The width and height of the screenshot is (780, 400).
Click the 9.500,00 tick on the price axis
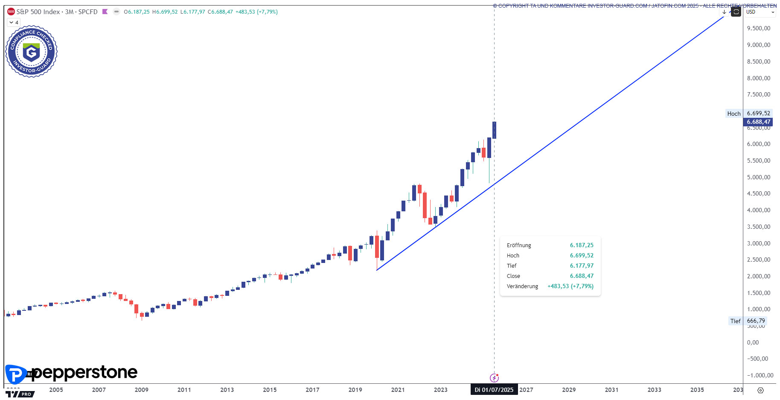click(x=758, y=29)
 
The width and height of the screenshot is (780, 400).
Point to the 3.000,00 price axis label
click(x=758, y=243)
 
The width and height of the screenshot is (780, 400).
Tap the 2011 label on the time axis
click(x=184, y=390)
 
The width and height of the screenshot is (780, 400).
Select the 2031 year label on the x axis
click(x=611, y=390)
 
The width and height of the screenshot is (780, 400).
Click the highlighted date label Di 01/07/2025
click(x=494, y=390)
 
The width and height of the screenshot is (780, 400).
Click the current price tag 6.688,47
click(x=758, y=122)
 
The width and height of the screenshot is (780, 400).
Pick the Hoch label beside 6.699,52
click(x=734, y=114)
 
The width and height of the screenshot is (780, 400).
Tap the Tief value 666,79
click(x=756, y=321)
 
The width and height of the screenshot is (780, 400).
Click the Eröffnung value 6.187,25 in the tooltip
click(x=581, y=245)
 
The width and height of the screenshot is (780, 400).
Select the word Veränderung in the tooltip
click(x=522, y=286)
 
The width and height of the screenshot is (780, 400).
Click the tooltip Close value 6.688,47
click(x=581, y=276)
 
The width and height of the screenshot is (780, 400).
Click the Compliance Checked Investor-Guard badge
click(x=31, y=52)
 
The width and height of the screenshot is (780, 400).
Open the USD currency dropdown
click(x=760, y=12)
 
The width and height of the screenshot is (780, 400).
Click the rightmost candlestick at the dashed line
click(x=494, y=130)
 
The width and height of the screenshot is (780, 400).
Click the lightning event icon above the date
click(x=494, y=378)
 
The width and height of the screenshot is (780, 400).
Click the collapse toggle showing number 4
click(x=14, y=22)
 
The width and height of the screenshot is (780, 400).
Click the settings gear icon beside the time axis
click(x=760, y=390)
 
